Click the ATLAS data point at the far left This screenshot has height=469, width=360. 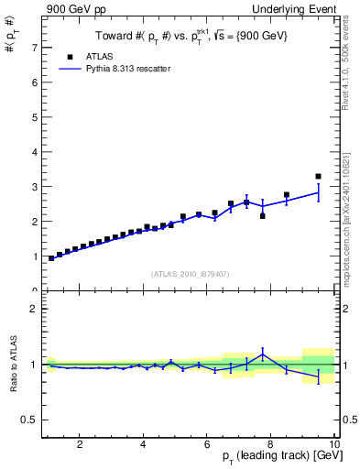tap(51, 258)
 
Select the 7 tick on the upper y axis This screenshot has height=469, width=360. tap(35, 48)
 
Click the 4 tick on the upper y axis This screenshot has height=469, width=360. tap(35, 152)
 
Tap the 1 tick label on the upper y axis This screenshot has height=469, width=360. tap(35, 256)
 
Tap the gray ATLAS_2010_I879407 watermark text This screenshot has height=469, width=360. tap(189, 273)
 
